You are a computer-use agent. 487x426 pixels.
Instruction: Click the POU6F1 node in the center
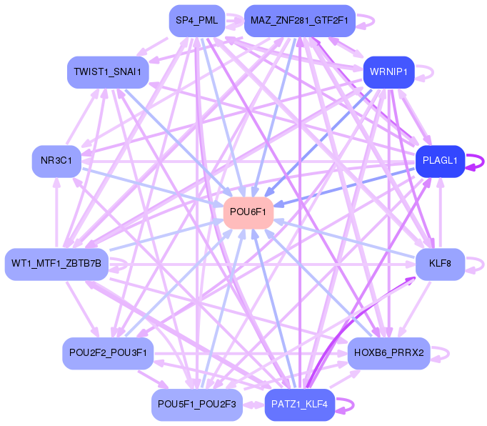(x=249, y=212)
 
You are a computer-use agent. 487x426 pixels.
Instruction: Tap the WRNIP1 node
(x=389, y=72)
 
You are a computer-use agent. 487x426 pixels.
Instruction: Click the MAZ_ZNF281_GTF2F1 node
(x=299, y=21)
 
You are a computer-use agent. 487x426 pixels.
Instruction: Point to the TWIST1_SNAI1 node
(x=108, y=72)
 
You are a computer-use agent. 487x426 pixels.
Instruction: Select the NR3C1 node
(x=56, y=161)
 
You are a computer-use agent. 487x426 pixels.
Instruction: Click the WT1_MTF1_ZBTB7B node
(x=56, y=264)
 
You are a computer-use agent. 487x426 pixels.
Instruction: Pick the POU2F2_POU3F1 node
(x=108, y=352)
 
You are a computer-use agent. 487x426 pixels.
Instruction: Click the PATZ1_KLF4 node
(x=299, y=405)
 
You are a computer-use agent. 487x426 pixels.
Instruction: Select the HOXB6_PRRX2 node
(x=389, y=352)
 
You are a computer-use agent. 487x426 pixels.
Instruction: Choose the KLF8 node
(x=440, y=264)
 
